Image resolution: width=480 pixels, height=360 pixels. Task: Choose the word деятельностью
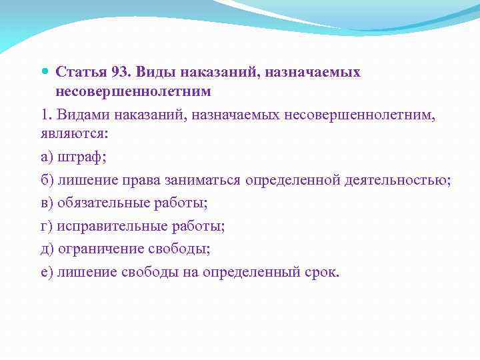click(397, 180)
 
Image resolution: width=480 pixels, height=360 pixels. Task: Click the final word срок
click(323, 272)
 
